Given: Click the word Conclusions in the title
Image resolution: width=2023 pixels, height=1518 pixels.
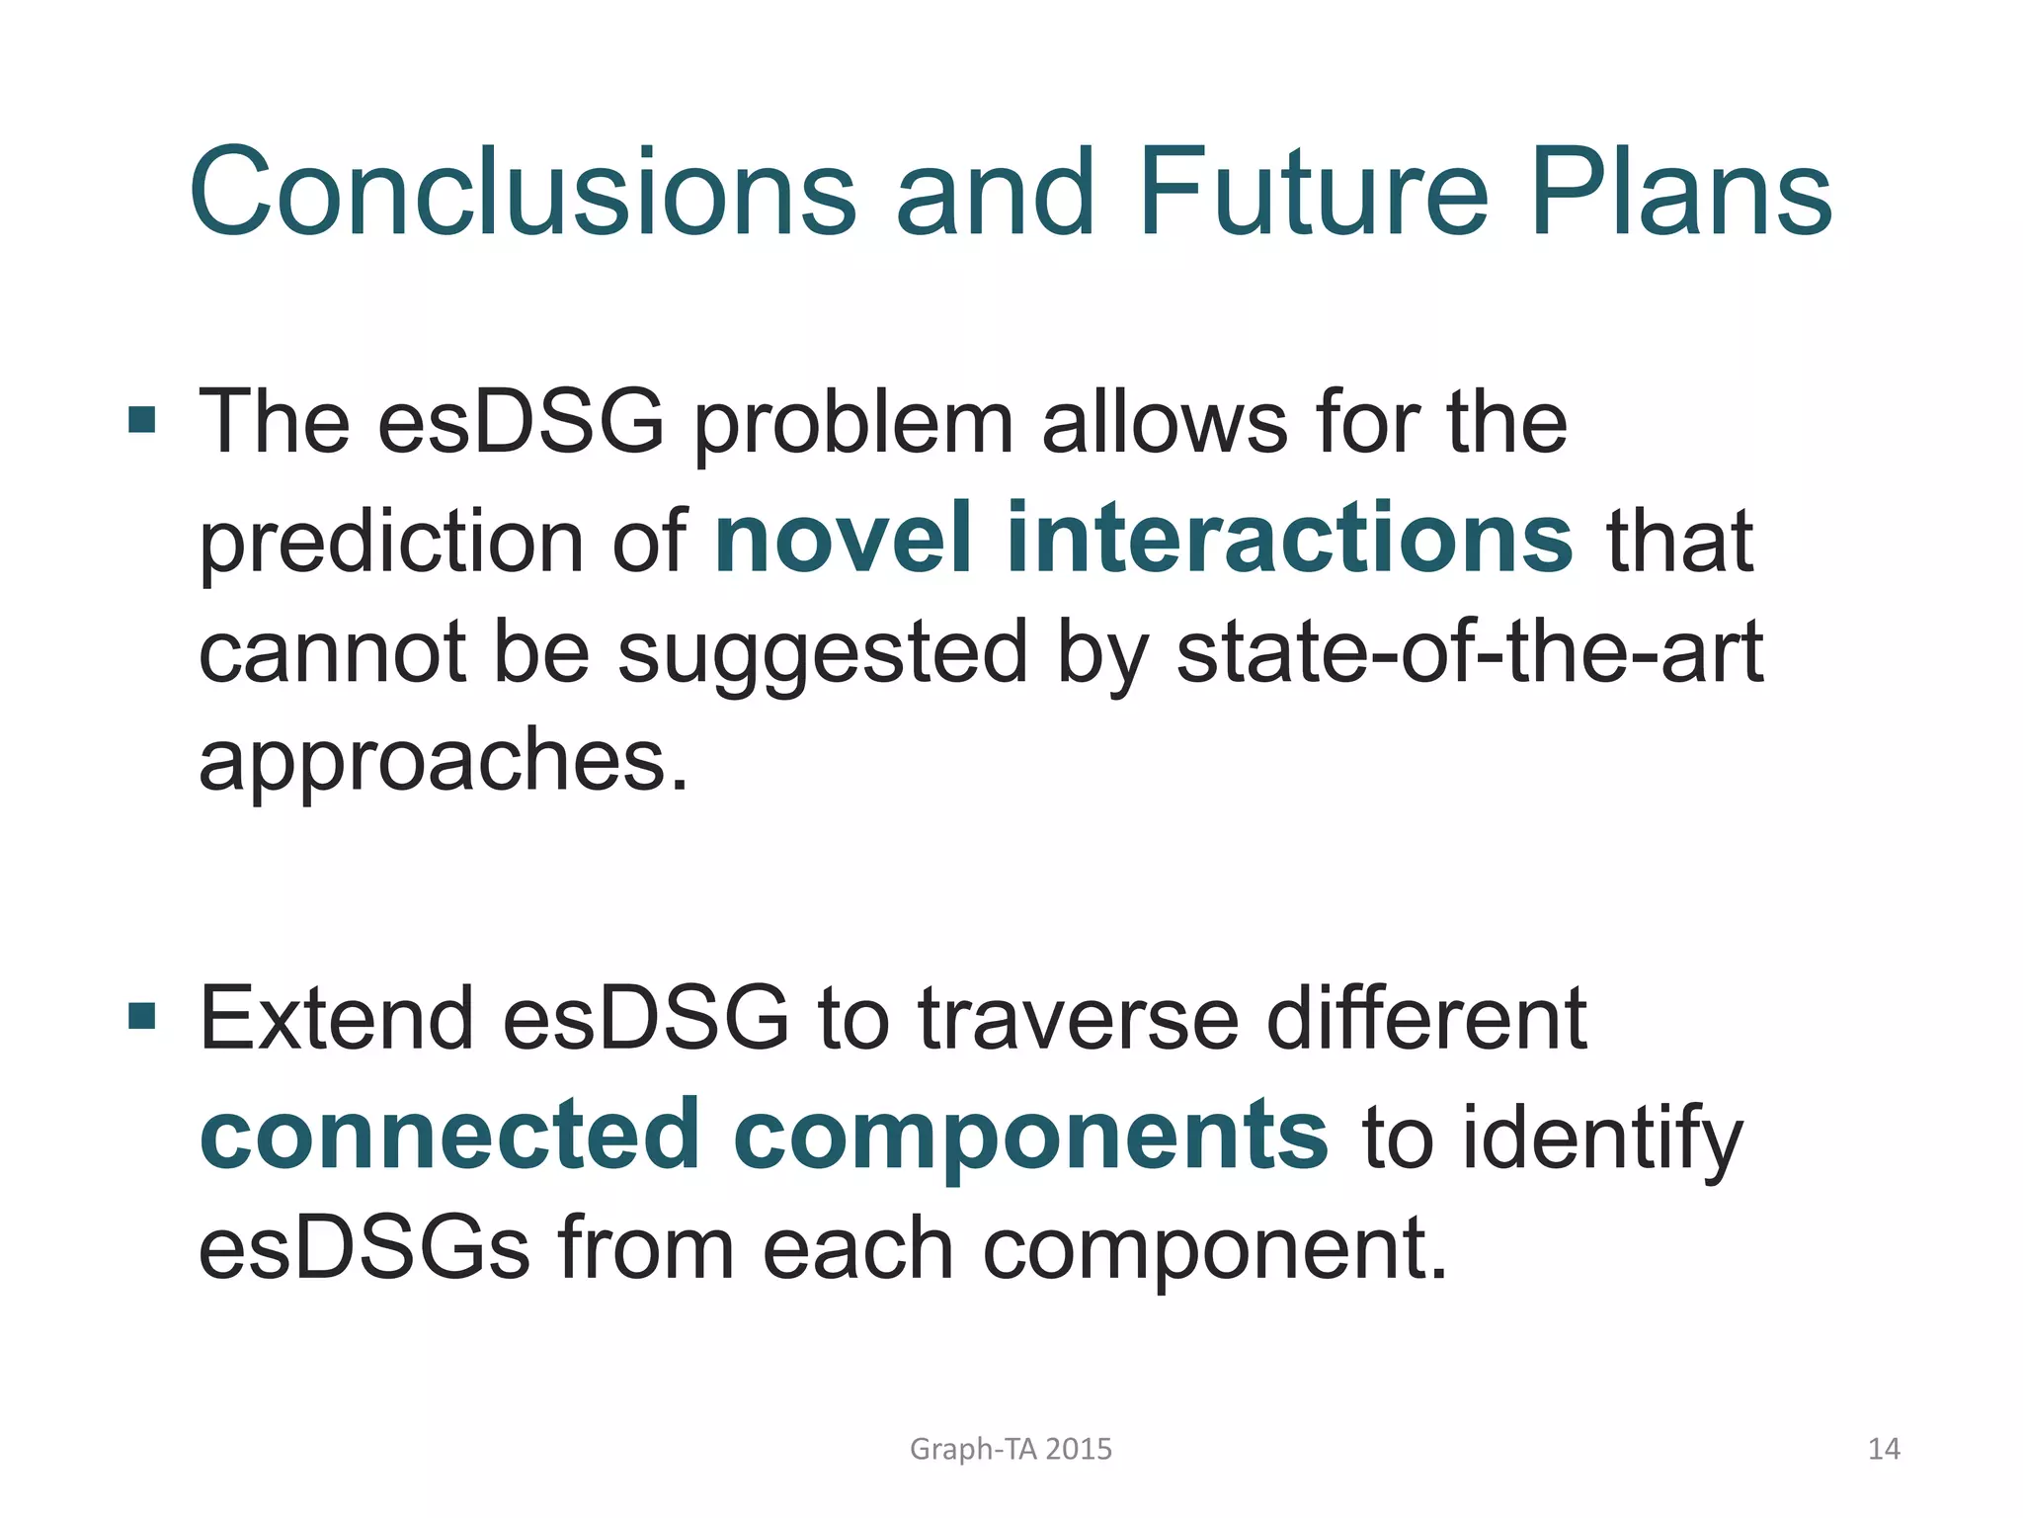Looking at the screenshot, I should click(523, 193).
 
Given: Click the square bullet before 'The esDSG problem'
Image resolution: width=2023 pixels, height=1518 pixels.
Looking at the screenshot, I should click(142, 420).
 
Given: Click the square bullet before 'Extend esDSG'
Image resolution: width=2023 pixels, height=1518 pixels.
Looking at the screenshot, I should click(142, 1015).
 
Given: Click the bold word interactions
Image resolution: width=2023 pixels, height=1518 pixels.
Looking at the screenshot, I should click(1289, 539).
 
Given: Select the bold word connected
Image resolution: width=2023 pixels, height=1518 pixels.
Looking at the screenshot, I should click(449, 1135).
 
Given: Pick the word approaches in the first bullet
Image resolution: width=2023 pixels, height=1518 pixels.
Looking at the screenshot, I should click(443, 763).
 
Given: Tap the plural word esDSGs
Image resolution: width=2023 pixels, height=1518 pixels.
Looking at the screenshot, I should click(364, 1248).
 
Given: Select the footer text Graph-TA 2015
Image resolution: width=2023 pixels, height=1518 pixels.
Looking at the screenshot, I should click(1011, 1449).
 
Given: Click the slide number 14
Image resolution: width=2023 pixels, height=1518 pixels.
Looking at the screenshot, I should click(1884, 1449).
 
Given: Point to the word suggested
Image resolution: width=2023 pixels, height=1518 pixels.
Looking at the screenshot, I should click(823, 654).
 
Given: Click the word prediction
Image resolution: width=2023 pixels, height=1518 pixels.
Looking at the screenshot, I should click(391, 544).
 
